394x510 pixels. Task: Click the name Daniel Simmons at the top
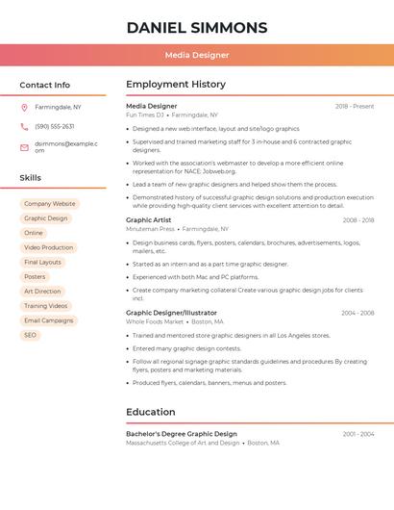[x=197, y=27]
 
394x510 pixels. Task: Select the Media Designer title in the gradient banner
[x=197, y=56]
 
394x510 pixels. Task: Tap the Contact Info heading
[x=44, y=85]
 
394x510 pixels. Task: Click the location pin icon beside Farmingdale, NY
[x=24, y=108]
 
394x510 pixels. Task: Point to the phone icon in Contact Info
[x=24, y=127]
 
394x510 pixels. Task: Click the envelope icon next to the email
[x=24, y=146]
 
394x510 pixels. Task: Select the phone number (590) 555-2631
[x=55, y=127]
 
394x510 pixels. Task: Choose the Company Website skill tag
[x=49, y=204]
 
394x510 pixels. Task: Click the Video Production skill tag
[x=48, y=247]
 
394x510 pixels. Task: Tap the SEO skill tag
[x=30, y=335]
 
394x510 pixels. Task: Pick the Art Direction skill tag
[x=42, y=291]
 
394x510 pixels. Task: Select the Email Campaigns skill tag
[x=48, y=320]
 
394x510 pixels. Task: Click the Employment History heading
[x=176, y=85]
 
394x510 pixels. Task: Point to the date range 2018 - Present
[x=355, y=106]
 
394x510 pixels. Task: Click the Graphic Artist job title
[x=148, y=220]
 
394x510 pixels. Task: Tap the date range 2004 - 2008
[x=357, y=313]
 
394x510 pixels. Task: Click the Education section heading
[x=151, y=412]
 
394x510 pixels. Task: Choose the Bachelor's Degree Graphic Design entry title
[x=181, y=434]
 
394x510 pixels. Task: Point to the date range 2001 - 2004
[x=357, y=434]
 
